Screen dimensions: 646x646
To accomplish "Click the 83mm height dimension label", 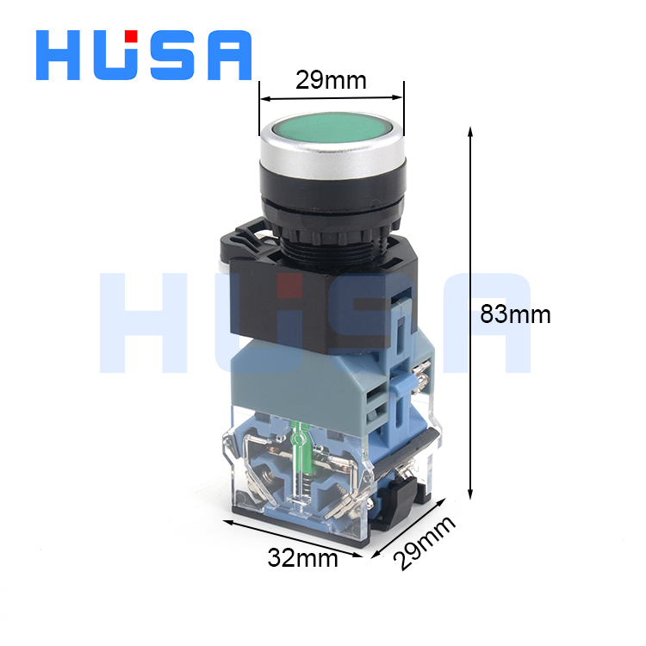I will click(x=515, y=314).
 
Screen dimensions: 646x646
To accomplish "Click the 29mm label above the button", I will click(x=331, y=80).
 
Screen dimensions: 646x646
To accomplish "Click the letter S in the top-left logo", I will click(x=171, y=55).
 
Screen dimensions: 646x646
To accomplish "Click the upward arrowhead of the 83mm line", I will click(x=470, y=131).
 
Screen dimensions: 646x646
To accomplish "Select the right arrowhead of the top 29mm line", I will click(x=399, y=96).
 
